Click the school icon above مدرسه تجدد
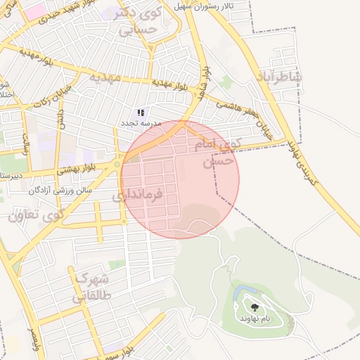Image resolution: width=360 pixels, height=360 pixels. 141,112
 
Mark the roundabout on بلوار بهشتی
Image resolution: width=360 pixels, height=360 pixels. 117,166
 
